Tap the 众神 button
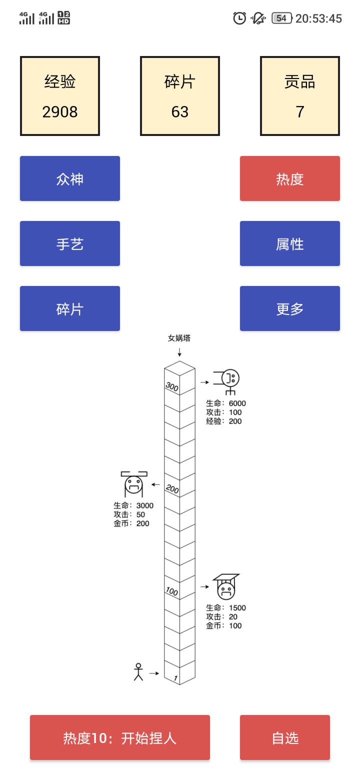point(70,178)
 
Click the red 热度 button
point(290,178)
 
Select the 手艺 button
point(70,243)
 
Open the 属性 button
point(290,243)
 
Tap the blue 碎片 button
point(70,308)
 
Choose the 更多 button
point(290,308)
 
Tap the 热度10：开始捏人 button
point(120,737)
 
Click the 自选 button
point(285,737)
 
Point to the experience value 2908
point(60,111)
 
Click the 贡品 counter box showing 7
point(300,96)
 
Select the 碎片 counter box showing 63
point(180,96)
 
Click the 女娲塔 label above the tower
point(179,338)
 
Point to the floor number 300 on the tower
point(172,387)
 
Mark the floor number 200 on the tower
point(172,489)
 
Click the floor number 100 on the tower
point(171,591)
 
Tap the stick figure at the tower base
point(138,671)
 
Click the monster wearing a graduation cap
point(225,587)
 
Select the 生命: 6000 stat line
point(226,403)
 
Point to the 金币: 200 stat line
point(131,523)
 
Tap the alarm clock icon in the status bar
point(239,18)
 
